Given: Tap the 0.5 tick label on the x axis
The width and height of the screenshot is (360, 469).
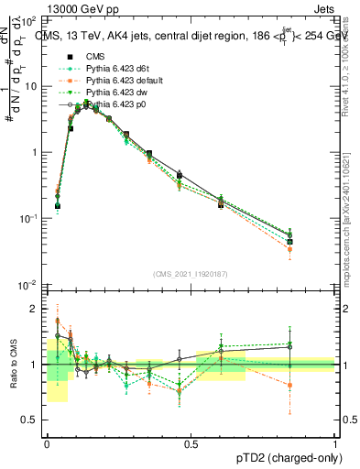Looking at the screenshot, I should (191, 444).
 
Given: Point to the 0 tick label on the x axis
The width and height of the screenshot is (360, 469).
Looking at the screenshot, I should (46, 444).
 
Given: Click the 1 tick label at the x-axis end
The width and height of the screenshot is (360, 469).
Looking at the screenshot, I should (335, 444).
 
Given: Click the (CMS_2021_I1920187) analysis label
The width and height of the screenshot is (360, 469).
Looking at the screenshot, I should (191, 273).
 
